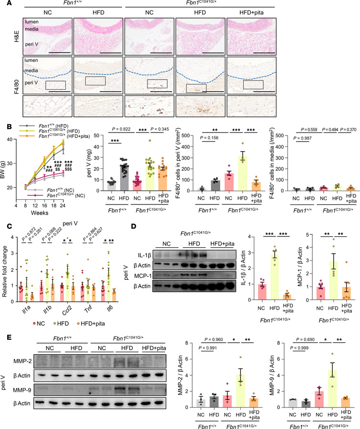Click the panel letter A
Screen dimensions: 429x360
click(4, 4)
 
